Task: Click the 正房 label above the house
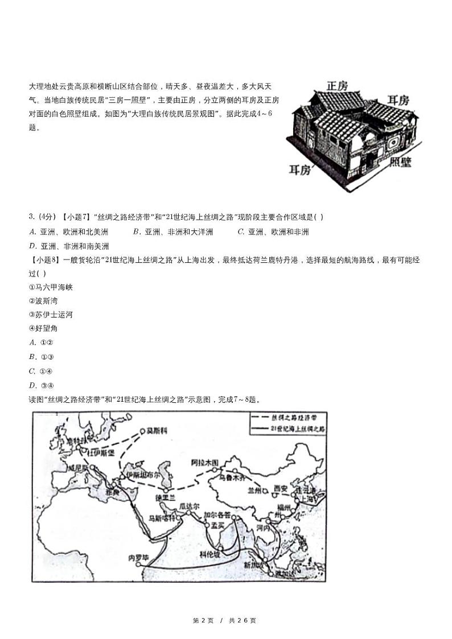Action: click(x=337, y=86)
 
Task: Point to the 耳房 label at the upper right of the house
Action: click(x=398, y=100)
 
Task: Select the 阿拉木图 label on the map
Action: click(x=205, y=463)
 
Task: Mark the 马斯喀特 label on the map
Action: click(x=161, y=518)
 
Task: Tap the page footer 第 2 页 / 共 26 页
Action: click(x=225, y=620)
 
